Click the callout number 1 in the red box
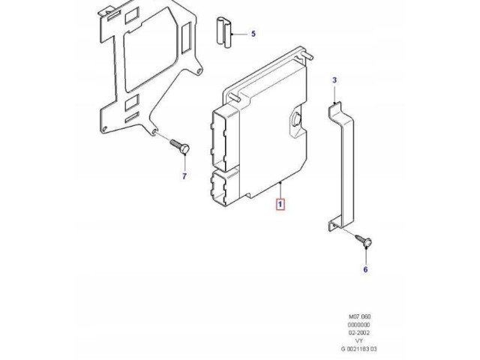pos(280,203)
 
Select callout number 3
pos(334,79)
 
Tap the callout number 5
pos(253,34)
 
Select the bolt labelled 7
pos(181,147)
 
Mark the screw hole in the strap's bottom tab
pos(335,224)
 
